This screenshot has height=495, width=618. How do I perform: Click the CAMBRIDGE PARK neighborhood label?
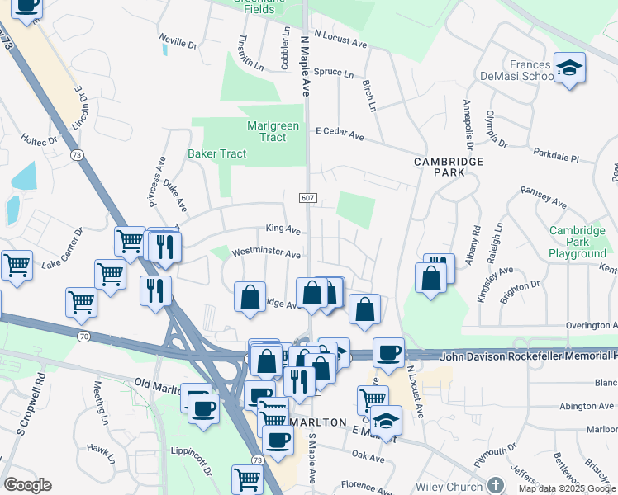451,167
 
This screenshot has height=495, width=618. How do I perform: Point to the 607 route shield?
307,197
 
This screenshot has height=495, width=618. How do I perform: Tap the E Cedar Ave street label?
340,133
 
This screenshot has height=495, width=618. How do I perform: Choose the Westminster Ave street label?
266,254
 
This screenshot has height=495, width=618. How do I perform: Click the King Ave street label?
283,229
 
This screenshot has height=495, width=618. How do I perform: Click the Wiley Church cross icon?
495,484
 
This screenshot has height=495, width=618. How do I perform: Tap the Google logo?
27,485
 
